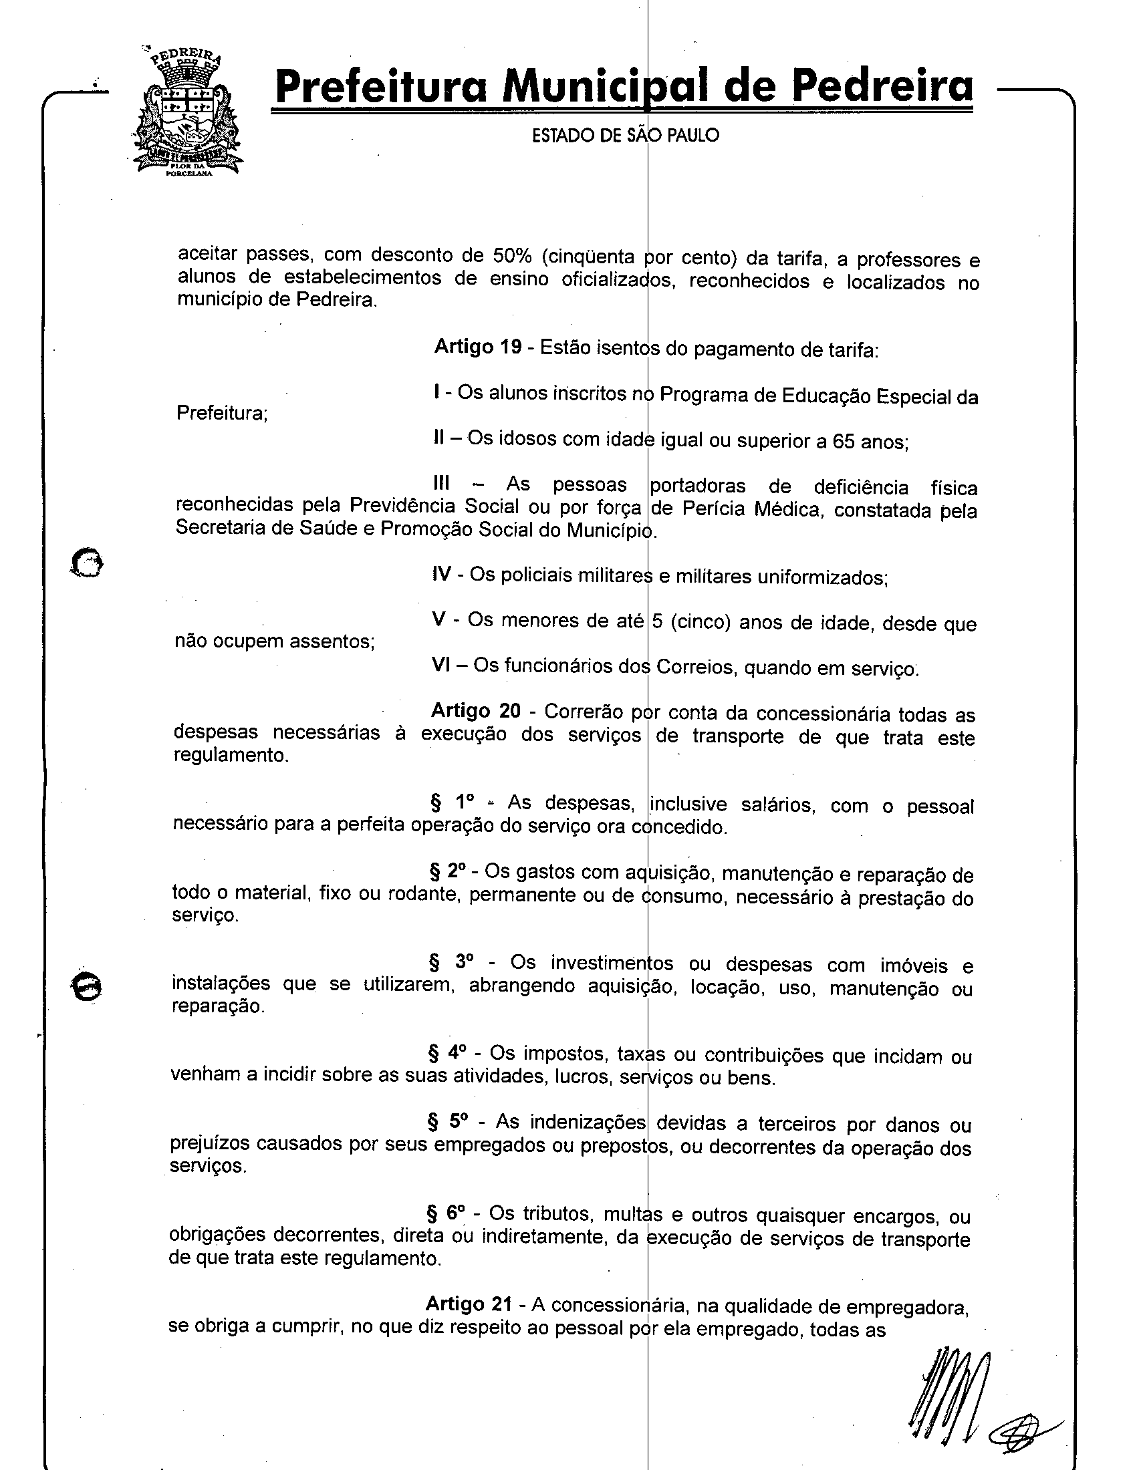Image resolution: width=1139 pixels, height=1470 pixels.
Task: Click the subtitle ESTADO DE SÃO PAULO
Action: point(625,136)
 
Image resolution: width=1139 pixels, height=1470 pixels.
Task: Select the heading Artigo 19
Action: point(477,347)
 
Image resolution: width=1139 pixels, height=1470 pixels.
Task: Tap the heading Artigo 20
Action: point(475,711)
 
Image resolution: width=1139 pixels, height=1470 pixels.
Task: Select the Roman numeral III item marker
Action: point(441,484)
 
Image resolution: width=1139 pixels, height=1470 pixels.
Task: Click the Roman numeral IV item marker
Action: point(442,574)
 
